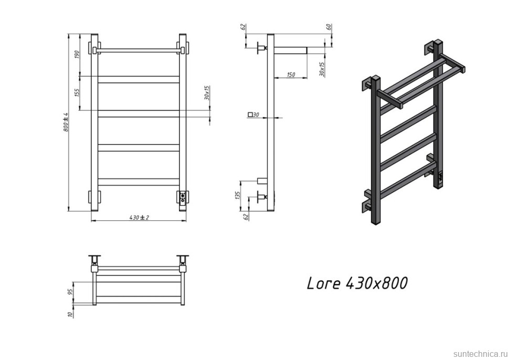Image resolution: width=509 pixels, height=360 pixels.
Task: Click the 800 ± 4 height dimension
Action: click(x=66, y=121)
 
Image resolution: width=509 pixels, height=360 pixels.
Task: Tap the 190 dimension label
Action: click(x=76, y=55)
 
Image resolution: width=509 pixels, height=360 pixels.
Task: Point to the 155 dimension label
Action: click(x=77, y=92)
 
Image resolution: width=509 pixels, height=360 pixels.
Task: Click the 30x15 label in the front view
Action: click(x=207, y=93)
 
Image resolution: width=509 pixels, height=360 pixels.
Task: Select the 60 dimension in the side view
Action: click(x=329, y=28)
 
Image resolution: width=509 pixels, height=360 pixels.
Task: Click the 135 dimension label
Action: click(x=237, y=195)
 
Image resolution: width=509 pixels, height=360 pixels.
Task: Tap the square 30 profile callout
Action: click(x=253, y=114)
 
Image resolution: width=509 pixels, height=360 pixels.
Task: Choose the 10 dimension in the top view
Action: click(x=70, y=313)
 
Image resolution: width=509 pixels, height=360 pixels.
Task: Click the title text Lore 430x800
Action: click(x=357, y=283)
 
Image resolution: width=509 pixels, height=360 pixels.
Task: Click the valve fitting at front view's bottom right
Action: click(x=182, y=197)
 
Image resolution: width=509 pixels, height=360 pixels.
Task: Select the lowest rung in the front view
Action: click(x=139, y=182)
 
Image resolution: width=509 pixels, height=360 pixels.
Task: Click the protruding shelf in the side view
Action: click(x=290, y=50)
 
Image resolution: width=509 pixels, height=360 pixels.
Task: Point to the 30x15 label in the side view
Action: click(x=322, y=69)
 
